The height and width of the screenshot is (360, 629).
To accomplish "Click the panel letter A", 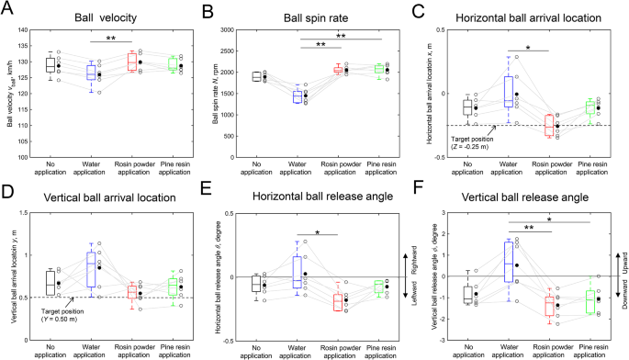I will click(7, 10).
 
